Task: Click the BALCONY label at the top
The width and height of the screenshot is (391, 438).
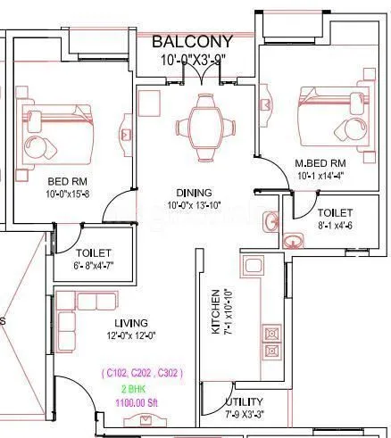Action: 192,42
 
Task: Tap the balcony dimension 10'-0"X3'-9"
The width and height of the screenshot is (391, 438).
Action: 192,60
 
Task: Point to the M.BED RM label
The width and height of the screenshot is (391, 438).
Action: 320,164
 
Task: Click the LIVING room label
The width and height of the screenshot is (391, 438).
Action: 130,322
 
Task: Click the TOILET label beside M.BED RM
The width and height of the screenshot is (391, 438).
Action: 334,214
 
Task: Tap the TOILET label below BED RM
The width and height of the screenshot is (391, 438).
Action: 95,253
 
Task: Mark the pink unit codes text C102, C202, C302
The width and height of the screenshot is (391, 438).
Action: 142,373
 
